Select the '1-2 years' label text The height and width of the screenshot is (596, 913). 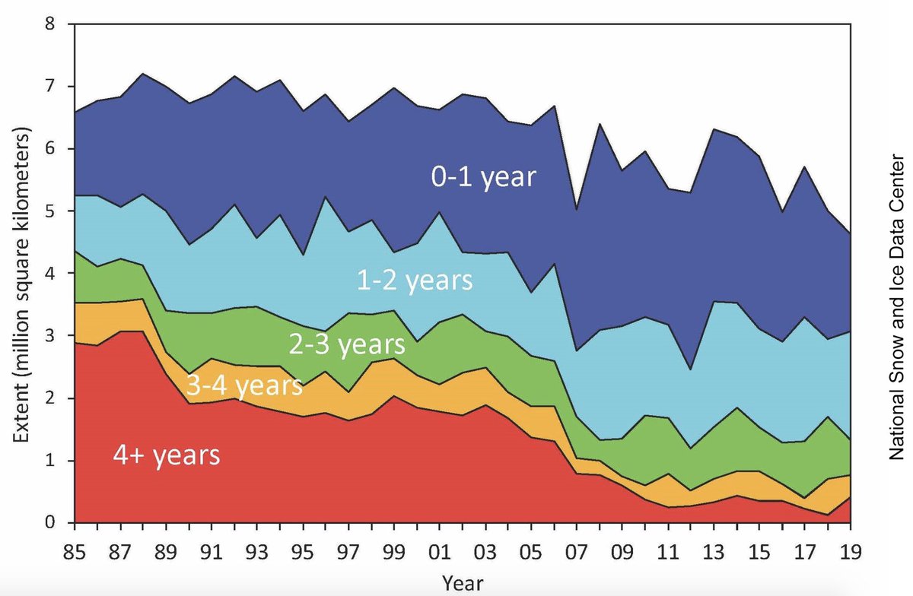tap(415, 281)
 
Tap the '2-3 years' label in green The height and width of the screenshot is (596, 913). tap(346, 344)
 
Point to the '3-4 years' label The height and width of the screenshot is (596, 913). tap(245, 386)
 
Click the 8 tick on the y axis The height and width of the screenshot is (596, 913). tap(49, 24)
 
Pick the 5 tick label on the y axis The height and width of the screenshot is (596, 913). tap(49, 211)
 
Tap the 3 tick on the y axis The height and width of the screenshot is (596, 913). tap(49, 336)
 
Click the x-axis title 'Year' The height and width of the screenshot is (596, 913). tap(462, 582)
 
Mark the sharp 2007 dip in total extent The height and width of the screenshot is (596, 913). tap(577, 209)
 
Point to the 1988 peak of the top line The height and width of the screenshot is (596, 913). tap(143, 74)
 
